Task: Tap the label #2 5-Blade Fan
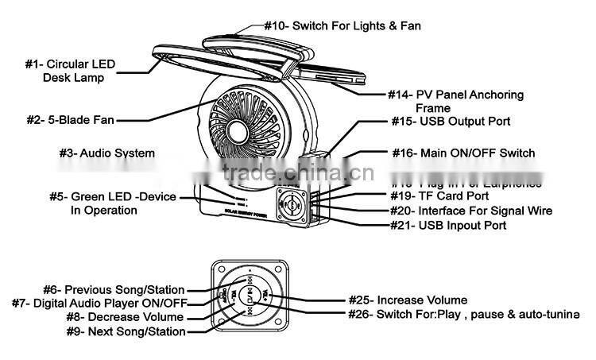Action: [70, 121]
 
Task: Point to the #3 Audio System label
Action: [107, 152]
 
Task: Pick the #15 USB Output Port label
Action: [451, 122]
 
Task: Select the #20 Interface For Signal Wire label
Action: [470, 211]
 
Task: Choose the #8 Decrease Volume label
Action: [125, 317]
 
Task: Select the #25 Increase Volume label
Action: [408, 300]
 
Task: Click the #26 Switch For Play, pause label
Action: [464, 313]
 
